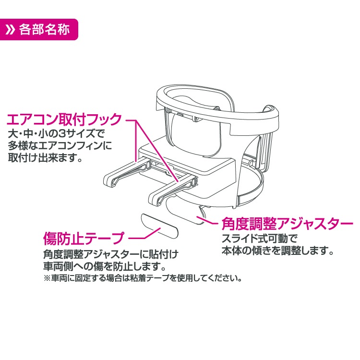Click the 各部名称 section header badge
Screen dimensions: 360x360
point(38,30)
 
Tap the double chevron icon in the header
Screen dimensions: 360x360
point(11,30)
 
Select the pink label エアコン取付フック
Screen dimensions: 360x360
point(64,119)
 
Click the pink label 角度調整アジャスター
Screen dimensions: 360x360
point(287,223)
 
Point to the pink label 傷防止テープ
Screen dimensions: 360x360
point(84,238)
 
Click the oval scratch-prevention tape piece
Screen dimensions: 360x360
point(159,226)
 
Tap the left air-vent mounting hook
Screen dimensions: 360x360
point(127,173)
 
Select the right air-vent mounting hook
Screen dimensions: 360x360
point(172,189)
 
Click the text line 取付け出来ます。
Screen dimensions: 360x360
point(45,158)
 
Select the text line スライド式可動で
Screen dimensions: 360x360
point(259,239)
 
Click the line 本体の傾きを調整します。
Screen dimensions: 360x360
point(278,251)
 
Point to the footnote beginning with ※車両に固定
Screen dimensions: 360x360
point(143,278)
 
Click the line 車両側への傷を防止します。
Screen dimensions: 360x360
point(105,266)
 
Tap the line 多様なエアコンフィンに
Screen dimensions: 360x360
point(60,146)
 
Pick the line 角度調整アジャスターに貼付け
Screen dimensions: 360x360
point(111,254)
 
